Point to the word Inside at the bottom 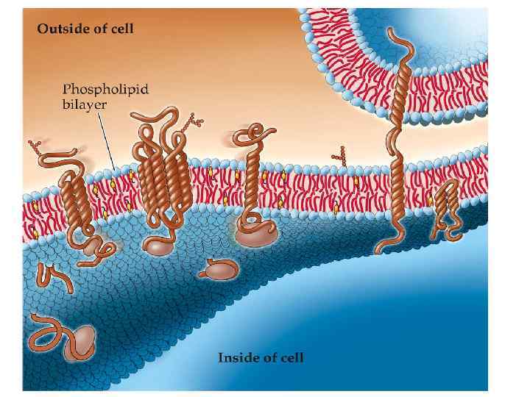click(236, 358)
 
